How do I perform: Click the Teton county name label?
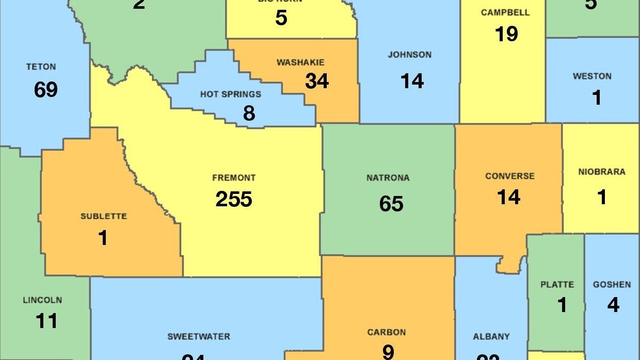tap(41, 67)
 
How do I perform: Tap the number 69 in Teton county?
tap(46, 90)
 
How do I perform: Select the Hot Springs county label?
tap(231, 94)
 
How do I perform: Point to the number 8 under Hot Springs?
tap(249, 113)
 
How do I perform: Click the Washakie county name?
tap(300, 62)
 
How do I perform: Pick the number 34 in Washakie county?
tap(317, 81)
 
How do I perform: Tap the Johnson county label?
tap(410, 55)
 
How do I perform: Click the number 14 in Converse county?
tap(508, 197)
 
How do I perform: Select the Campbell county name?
tap(505, 12)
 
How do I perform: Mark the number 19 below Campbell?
tap(506, 34)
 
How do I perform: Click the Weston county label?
tap(592, 76)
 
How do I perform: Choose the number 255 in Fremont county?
tap(234, 199)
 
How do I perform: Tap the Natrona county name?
tap(388, 178)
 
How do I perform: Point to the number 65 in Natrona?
tap(391, 204)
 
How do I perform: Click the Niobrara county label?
tap(601, 172)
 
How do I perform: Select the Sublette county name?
tap(104, 216)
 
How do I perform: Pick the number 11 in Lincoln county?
tap(46, 321)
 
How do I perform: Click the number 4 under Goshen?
tap(613, 305)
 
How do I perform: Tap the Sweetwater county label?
tap(199, 337)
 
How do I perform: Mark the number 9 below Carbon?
tap(388, 352)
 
